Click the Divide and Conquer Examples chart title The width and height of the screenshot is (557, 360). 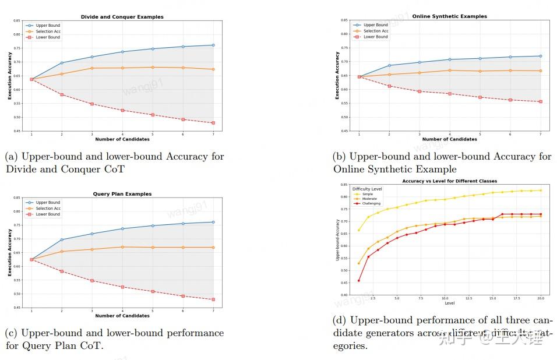click(x=122, y=17)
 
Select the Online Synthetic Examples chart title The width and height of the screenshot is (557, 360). click(x=449, y=16)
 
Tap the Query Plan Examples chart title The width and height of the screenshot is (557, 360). click(x=122, y=194)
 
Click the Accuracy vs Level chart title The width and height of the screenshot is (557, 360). click(x=449, y=181)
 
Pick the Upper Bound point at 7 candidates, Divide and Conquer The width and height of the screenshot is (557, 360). click(x=213, y=45)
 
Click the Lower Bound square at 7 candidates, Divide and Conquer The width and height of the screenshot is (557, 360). click(x=213, y=123)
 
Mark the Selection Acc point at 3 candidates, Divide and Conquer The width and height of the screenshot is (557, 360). click(x=92, y=68)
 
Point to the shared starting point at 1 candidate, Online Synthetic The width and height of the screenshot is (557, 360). click(x=359, y=77)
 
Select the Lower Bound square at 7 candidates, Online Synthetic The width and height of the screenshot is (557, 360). click(x=540, y=101)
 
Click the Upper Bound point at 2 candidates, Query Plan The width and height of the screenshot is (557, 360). click(x=62, y=239)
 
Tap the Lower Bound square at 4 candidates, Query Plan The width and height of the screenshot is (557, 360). click(x=122, y=287)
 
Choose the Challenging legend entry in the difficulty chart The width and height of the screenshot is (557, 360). click(x=371, y=203)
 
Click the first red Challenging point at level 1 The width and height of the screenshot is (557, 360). click(x=358, y=280)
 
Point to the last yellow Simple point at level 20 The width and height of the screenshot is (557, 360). click(x=541, y=190)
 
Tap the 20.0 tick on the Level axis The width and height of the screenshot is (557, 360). click(x=540, y=298)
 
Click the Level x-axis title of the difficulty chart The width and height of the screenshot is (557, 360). click(x=449, y=303)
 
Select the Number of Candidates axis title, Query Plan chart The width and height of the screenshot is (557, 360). click(x=122, y=316)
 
